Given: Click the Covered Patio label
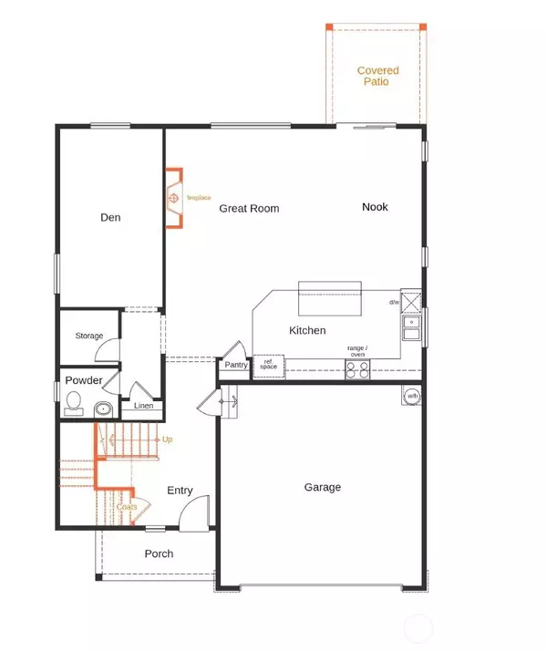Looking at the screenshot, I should point(372,76).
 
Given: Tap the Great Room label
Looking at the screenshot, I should point(249,209).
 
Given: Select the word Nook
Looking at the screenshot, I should point(375,207).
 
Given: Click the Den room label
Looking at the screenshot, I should point(110,218).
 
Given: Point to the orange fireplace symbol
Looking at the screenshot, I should point(173,197).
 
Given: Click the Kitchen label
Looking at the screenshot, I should point(307,331).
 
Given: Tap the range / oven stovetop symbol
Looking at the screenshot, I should point(356,368).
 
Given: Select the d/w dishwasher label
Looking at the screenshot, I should point(394,302).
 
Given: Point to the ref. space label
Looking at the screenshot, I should point(269,365).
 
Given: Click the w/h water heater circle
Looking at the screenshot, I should point(412,396).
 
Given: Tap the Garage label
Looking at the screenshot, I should point(322,488).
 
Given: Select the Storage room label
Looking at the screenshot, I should point(89,336).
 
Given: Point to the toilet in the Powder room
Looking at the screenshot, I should point(73,400).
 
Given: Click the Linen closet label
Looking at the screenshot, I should point(143,406).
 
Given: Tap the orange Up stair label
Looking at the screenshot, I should point(167,440).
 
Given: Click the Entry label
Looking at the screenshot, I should point(180,491).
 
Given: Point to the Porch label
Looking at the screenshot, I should point(159,554).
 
